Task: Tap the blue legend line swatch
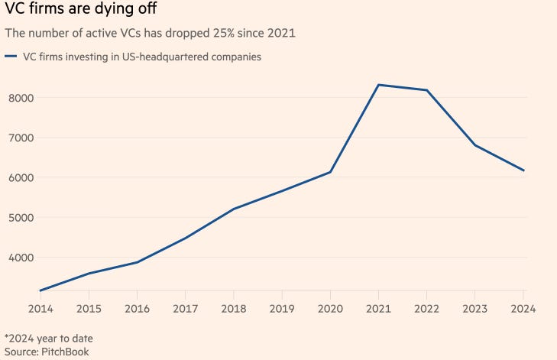pos(11,56)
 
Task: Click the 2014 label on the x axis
pos(40,309)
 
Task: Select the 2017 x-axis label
pos(185,309)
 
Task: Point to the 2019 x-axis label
pos(282,309)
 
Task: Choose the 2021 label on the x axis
pos(378,309)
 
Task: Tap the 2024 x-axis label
pos(523,309)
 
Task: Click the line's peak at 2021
pos(379,85)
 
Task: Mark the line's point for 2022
pos(427,90)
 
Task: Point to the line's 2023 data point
pos(475,145)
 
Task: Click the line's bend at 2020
pos(330,172)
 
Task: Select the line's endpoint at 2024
pos(523,170)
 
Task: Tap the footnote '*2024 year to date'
pos(48,338)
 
